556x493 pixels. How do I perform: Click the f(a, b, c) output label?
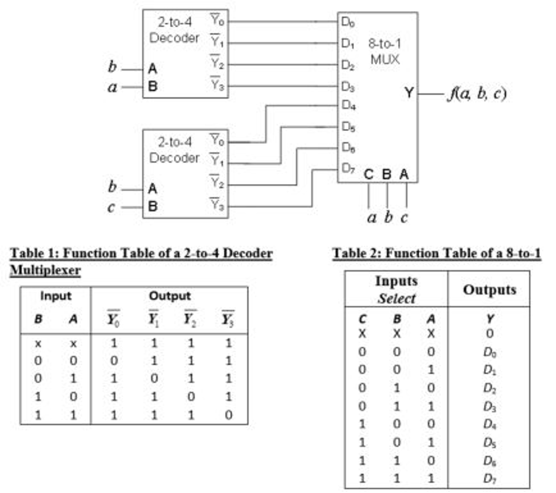click(x=476, y=94)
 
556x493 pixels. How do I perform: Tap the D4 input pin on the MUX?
click(x=348, y=106)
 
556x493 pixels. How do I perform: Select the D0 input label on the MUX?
click(x=348, y=22)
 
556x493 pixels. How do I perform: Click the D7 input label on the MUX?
click(x=348, y=169)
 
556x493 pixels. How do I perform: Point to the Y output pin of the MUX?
click(x=409, y=93)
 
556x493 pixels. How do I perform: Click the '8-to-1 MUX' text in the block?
click(x=385, y=51)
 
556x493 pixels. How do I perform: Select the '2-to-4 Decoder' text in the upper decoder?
click(x=174, y=30)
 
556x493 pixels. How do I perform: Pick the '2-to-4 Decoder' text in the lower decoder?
click(x=174, y=150)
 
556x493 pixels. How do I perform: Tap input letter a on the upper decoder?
click(x=112, y=87)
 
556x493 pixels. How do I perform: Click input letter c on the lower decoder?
click(x=111, y=207)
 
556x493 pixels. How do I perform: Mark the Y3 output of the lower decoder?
click(x=217, y=206)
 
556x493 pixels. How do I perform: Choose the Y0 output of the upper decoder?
click(x=217, y=22)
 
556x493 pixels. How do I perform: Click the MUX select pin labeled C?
click(x=369, y=175)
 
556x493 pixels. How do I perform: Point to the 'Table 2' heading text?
click(x=436, y=253)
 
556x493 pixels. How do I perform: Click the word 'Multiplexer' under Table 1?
click(x=46, y=270)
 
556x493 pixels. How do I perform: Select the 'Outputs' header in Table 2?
click(x=489, y=289)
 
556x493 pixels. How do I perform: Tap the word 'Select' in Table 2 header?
click(x=396, y=299)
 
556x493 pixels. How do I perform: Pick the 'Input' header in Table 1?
click(x=55, y=296)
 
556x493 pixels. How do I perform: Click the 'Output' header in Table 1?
click(x=170, y=296)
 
